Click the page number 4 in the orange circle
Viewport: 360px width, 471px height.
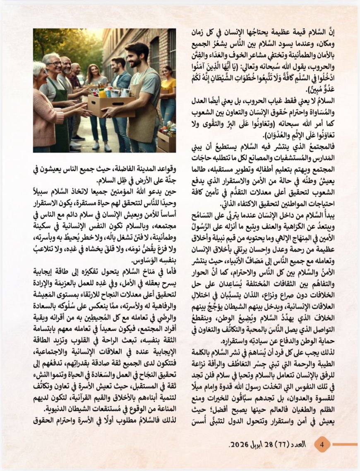click(323, 445)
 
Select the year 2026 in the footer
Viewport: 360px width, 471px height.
click(239, 445)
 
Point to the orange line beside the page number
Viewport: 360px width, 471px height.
click(345, 445)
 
